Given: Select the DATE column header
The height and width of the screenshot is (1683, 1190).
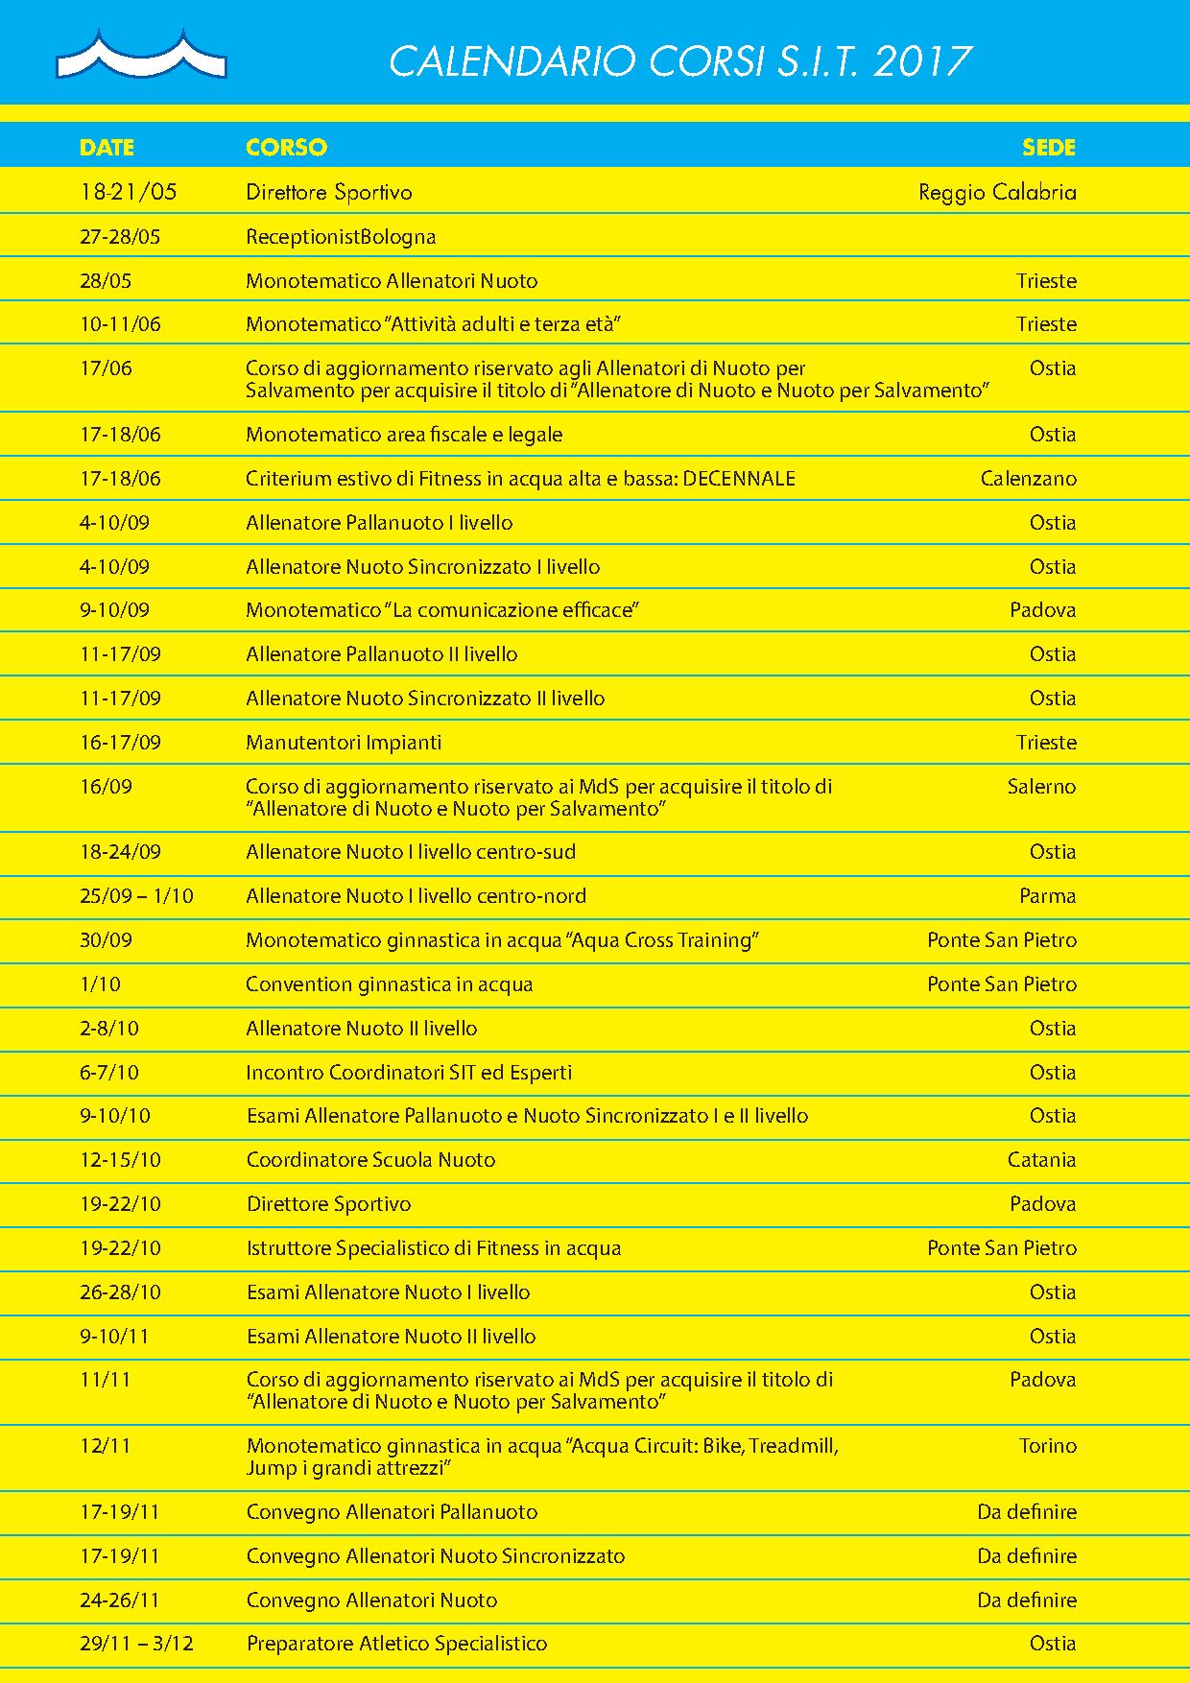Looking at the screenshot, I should click(107, 148).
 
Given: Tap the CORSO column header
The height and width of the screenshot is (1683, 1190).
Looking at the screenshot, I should click(286, 148).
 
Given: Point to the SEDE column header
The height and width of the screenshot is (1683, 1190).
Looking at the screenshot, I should click(1049, 148).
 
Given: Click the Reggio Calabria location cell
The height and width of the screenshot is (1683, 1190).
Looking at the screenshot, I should click(997, 192).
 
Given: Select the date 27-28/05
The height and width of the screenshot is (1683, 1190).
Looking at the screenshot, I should click(120, 237).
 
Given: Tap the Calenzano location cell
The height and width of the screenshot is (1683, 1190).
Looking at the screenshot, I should click(1028, 479).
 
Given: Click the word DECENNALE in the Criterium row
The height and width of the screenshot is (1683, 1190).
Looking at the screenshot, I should click(739, 479).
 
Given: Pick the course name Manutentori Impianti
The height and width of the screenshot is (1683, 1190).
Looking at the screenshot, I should click(344, 743).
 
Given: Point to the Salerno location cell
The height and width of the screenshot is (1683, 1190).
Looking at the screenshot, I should click(1041, 787).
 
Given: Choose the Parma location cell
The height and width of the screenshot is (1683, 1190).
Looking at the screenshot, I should click(1047, 896).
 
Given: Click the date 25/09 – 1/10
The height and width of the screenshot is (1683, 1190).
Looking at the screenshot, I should click(136, 896).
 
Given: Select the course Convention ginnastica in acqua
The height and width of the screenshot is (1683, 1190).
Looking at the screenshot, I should click(389, 984).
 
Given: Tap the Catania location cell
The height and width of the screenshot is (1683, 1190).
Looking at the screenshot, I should click(1041, 1160).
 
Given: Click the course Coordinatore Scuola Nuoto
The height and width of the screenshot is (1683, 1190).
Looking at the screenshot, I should click(370, 1160).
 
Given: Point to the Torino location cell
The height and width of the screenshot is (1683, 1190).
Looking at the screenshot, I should click(1047, 1446).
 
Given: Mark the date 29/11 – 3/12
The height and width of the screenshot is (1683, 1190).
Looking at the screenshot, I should click(136, 1644).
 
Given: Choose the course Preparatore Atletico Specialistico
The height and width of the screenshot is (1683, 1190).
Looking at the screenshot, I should click(396, 1644).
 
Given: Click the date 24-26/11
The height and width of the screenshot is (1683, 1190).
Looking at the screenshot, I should click(120, 1600).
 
